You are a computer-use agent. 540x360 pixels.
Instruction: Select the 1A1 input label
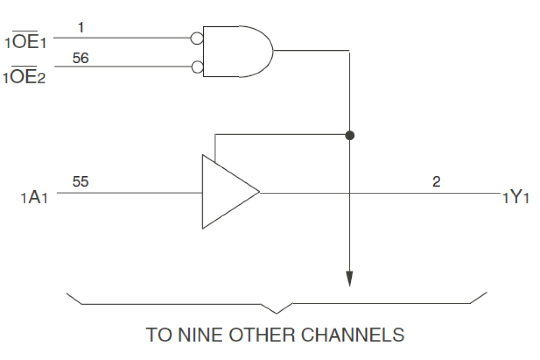34,199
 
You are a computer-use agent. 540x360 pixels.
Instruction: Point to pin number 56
80,58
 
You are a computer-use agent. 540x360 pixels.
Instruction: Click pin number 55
80,182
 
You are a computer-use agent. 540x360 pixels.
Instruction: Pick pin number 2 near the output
436,182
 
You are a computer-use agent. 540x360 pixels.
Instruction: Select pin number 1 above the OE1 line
80,28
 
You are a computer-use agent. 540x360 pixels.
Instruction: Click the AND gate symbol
236,52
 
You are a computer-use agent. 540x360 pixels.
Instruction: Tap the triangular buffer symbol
226,192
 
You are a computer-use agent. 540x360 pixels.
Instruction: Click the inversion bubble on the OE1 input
197,38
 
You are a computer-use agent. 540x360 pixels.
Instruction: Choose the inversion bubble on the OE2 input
197,67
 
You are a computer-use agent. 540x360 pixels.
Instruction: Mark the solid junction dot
350,135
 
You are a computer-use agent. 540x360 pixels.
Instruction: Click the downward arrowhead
350,279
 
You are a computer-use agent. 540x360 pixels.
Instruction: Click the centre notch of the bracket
277,312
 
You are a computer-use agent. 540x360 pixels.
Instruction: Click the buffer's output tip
259,192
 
